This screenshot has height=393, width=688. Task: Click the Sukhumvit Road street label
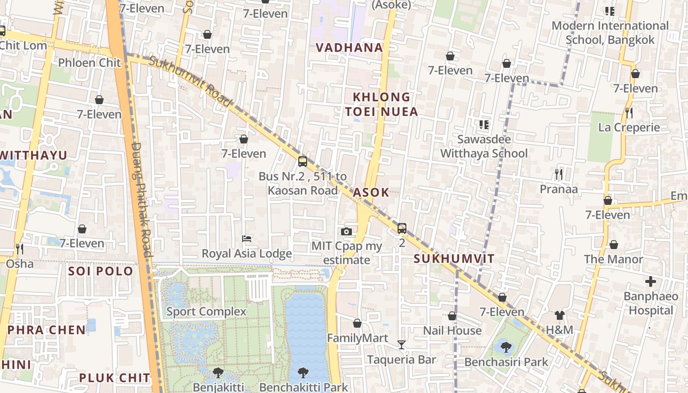(x=189, y=81)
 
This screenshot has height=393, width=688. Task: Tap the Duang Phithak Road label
(x=143, y=199)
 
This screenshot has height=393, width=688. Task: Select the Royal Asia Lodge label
(x=247, y=253)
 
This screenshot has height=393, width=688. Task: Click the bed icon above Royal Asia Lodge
(x=247, y=239)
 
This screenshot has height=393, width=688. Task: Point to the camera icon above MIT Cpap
(x=346, y=231)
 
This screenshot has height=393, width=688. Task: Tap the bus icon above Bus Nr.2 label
(x=303, y=161)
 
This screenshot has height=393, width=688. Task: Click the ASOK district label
(x=371, y=192)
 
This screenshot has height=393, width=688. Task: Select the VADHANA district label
(x=349, y=48)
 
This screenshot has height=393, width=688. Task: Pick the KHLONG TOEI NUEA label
(x=381, y=104)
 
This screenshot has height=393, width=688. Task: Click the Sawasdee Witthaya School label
(x=484, y=146)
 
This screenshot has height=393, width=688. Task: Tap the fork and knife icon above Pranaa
(x=558, y=174)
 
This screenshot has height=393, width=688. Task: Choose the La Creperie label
(x=629, y=128)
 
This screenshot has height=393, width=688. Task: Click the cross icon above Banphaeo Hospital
(x=651, y=281)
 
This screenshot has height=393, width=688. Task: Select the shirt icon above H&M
(x=559, y=315)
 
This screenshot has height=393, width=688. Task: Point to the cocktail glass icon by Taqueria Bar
(x=401, y=345)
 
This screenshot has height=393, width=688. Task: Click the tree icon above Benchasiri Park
(x=506, y=347)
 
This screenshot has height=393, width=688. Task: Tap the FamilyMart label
(x=358, y=338)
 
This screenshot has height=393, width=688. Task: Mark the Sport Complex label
(x=206, y=311)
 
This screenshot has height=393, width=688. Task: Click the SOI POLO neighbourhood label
(x=101, y=271)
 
